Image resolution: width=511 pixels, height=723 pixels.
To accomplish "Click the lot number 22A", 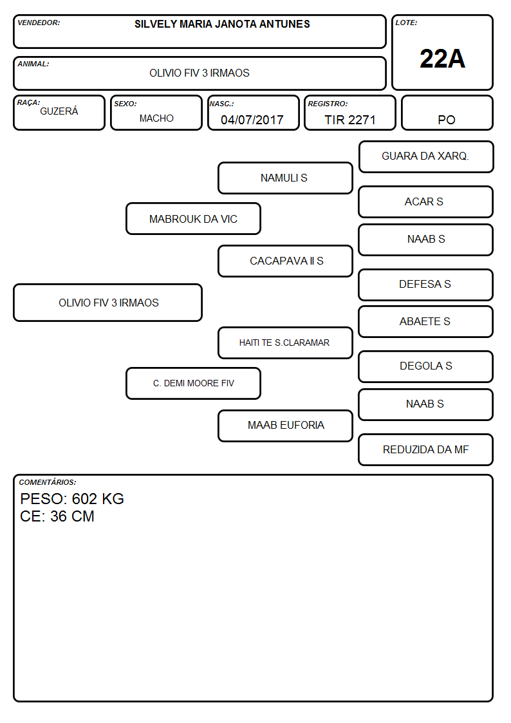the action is (x=442, y=59).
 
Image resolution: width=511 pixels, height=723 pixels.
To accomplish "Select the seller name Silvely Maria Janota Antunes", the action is (x=222, y=24).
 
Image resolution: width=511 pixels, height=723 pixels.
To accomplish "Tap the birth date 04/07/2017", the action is (x=252, y=120).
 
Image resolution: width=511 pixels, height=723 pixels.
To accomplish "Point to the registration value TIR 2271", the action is (x=349, y=120).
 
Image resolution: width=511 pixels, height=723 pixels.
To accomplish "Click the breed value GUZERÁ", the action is (x=59, y=111).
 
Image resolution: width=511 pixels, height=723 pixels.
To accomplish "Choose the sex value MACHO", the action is (x=156, y=118).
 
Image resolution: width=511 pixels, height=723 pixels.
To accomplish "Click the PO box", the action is (x=447, y=113).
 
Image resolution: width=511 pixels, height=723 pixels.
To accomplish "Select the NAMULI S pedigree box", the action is (x=285, y=178).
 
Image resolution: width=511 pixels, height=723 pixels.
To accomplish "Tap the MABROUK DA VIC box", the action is (x=193, y=218).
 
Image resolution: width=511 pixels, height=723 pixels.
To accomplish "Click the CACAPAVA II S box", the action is (x=285, y=261).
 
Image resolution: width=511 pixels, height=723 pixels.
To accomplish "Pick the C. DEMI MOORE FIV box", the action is (x=193, y=383).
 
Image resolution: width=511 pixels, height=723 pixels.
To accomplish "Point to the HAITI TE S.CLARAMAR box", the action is (x=285, y=343).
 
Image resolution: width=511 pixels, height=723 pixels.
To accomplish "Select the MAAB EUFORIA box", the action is (x=285, y=426).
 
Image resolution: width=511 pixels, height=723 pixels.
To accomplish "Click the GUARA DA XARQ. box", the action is (x=426, y=157).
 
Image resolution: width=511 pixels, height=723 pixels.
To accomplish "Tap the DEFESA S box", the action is (x=426, y=285).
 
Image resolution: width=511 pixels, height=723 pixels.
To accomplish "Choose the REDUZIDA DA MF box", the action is (x=426, y=449).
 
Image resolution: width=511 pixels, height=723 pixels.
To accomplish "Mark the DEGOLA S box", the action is (x=426, y=366).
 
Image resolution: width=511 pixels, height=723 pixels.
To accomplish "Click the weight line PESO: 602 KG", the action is (x=72, y=499).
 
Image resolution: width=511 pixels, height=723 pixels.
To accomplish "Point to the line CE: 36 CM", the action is (x=57, y=516).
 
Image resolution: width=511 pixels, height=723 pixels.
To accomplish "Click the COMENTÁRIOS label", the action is (x=48, y=482).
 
